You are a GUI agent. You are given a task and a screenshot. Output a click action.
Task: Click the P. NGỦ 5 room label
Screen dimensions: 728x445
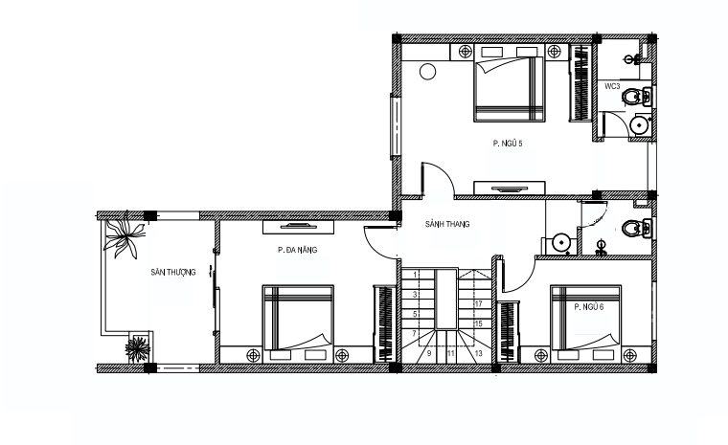[x=508, y=144]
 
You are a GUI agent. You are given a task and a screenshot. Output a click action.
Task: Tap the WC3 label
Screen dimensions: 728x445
[x=612, y=86]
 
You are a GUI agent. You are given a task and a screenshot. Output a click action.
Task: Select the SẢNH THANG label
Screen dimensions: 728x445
[x=447, y=224]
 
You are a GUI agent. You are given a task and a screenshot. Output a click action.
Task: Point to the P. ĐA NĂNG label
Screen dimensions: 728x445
[x=298, y=250]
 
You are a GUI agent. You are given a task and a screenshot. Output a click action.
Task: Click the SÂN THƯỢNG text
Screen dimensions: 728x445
[x=173, y=272]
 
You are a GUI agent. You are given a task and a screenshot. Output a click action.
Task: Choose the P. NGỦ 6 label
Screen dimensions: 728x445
[x=589, y=307]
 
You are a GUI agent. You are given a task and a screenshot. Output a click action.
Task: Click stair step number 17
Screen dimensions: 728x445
[x=478, y=304]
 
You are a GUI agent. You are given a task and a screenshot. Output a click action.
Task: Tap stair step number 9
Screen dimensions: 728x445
[x=429, y=353]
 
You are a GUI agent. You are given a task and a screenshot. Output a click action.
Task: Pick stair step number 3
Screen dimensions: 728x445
[x=415, y=295]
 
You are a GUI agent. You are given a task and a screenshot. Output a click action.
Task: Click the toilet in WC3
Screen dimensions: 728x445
[x=636, y=97]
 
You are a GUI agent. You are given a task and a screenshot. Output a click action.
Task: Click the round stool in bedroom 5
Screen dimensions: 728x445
[x=427, y=72]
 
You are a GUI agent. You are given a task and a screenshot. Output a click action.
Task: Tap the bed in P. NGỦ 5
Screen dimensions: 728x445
[x=509, y=83]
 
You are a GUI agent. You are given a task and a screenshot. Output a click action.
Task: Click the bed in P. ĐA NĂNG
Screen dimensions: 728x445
[x=298, y=324]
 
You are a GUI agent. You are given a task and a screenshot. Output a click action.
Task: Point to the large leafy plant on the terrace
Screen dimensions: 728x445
[x=124, y=234]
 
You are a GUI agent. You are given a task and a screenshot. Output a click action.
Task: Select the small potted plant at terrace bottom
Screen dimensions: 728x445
[x=137, y=348]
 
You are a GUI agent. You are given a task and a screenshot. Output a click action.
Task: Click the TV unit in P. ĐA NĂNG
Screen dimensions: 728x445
[x=298, y=228]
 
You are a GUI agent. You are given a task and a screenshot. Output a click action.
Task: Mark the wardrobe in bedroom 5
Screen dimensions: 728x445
[x=580, y=82]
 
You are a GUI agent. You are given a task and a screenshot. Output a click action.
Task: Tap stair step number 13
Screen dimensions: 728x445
[x=479, y=353]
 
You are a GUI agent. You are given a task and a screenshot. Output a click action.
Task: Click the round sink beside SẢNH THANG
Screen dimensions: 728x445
[x=561, y=243]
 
